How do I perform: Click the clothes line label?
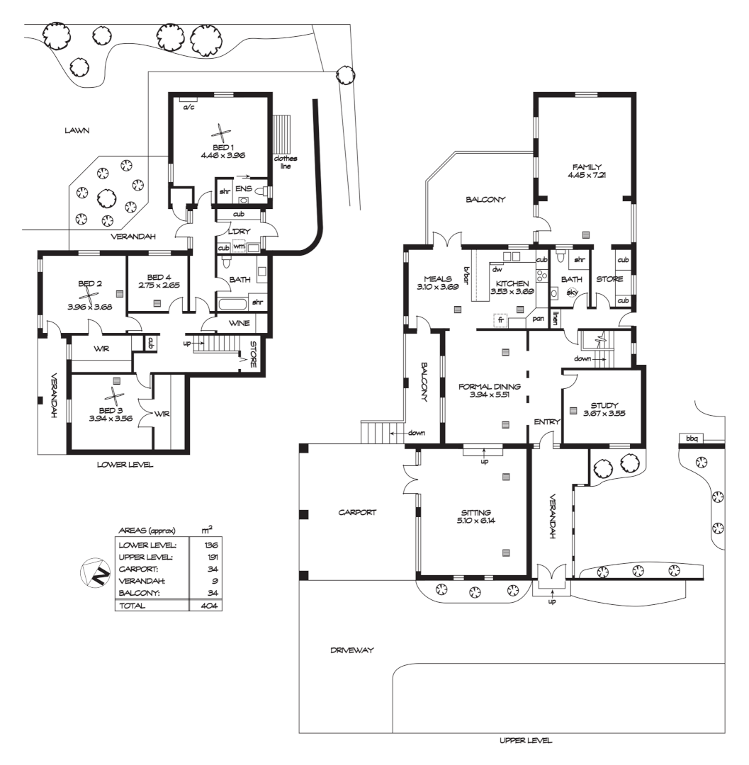[286, 161]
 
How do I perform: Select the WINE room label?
[238, 324]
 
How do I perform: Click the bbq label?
[691, 439]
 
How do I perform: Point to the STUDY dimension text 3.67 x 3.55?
[604, 414]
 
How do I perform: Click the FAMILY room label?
[587, 167]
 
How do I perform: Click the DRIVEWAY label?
[351, 650]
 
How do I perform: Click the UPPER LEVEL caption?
[526, 741]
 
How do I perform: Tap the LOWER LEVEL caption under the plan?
[125, 465]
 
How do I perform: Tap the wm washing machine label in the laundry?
[238, 247]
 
